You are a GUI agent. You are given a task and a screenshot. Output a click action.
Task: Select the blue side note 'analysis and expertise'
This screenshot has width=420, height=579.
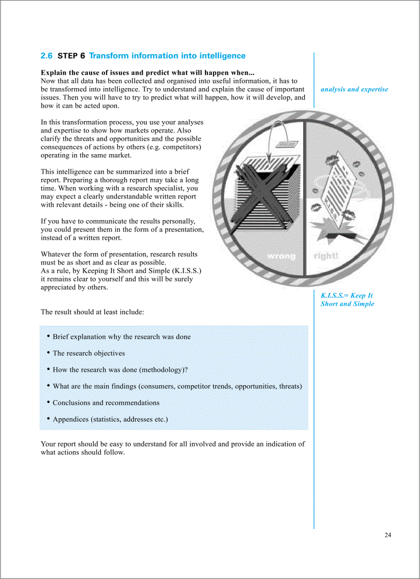click(354, 89)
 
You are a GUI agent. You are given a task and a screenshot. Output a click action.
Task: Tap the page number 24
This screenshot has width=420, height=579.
click(388, 535)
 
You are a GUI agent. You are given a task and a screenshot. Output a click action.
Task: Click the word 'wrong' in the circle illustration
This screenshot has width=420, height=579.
click(281, 256)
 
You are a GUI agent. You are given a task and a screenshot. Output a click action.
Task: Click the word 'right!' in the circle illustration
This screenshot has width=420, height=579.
click(326, 256)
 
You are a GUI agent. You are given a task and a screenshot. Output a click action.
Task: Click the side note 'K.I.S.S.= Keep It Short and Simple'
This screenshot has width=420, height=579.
click(347, 300)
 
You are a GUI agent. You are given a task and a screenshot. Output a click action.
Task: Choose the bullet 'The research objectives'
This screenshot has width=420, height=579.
click(89, 353)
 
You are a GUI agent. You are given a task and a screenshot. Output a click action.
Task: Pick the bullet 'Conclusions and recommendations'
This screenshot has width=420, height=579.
click(106, 403)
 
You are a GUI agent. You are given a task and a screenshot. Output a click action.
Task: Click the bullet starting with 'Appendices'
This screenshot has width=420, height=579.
click(110, 419)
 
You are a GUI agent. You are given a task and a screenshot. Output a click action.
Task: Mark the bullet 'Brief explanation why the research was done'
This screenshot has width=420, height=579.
click(121, 337)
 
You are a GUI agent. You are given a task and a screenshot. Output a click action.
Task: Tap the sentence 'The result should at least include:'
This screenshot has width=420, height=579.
click(92, 312)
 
